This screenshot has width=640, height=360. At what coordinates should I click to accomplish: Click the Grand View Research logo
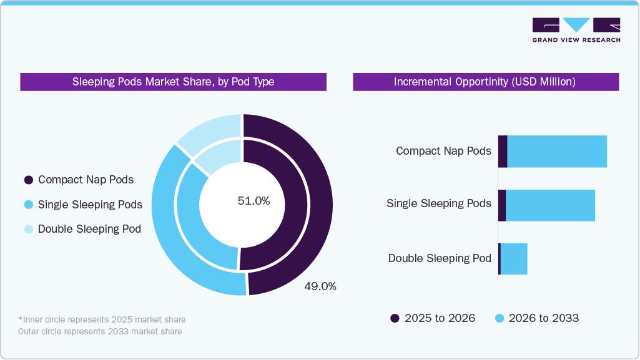(x=576, y=30)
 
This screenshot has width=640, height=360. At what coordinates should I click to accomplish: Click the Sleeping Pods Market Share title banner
(x=173, y=82)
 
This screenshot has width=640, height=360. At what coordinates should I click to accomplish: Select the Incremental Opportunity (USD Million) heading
(x=485, y=82)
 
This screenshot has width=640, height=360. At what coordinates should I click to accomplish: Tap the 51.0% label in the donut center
(x=254, y=201)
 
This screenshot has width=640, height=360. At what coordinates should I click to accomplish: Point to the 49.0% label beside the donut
(x=320, y=286)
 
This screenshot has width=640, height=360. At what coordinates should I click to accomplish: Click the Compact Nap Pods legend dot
(x=29, y=180)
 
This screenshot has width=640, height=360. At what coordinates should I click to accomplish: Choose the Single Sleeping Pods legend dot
(x=29, y=205)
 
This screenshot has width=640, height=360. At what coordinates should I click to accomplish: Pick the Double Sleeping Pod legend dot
(x=29, y=229)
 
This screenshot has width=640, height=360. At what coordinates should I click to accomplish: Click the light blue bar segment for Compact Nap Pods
(x=557, y=151)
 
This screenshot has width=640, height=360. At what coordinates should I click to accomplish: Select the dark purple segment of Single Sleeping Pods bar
(x=501, y=205)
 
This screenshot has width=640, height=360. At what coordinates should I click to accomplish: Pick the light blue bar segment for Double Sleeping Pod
(x=514, y=259)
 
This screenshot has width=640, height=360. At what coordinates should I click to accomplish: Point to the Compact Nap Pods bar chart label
(x=443, y=151)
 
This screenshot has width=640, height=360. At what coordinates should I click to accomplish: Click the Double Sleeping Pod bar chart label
(x=440, y=258)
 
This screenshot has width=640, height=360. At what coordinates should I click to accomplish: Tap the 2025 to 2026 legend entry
(x=433, y=318)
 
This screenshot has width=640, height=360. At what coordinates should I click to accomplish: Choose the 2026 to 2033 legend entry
(x=537, y=318)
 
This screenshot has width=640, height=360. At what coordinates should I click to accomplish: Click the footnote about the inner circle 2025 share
(x=102, y=319)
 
